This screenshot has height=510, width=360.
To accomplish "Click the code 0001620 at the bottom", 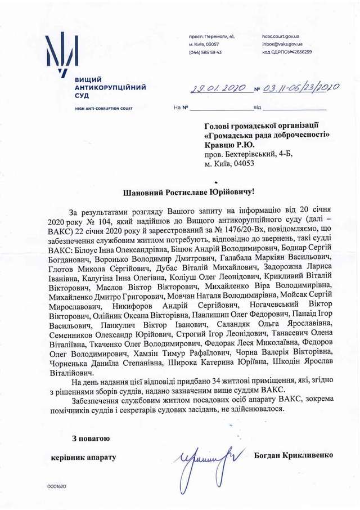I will (57, 486).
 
